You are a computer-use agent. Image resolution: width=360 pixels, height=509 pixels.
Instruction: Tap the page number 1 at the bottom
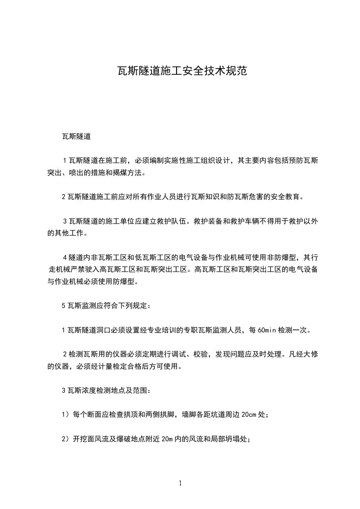point(180,483)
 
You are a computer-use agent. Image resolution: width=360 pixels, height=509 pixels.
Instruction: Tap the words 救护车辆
point(246,222)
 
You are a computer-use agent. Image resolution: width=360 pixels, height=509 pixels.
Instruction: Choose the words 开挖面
point(83,439)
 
